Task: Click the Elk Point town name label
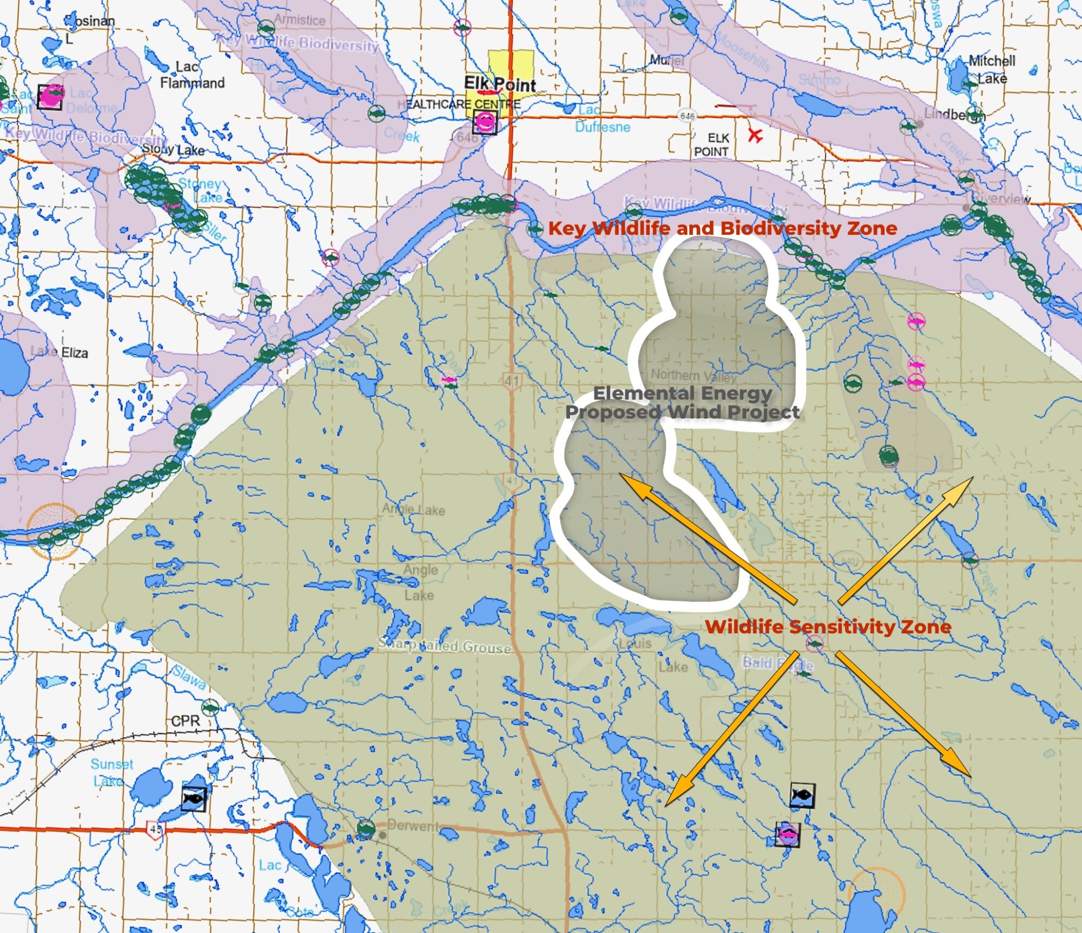499,84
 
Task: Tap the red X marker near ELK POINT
755,135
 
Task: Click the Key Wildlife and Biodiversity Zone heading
722,228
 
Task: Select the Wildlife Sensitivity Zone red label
828,627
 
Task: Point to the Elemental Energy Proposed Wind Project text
682,402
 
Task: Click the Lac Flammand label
192,75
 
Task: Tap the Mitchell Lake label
991,69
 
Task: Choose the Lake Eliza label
60,352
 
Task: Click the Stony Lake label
173,149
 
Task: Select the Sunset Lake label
111,772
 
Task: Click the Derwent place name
412,826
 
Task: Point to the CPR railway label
186,721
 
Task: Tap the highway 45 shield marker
155,829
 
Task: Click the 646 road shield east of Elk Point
687,116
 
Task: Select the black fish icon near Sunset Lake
194,798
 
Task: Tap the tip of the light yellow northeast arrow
972,478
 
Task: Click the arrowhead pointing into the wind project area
622,476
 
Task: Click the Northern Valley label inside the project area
694,375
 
